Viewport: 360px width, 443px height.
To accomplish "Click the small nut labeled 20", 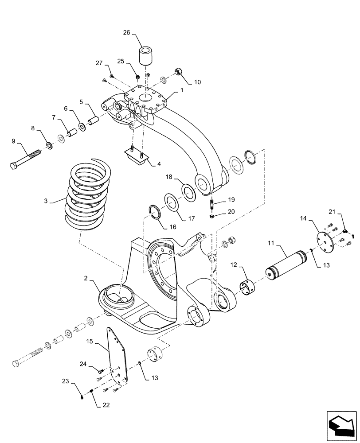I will (213, 216).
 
